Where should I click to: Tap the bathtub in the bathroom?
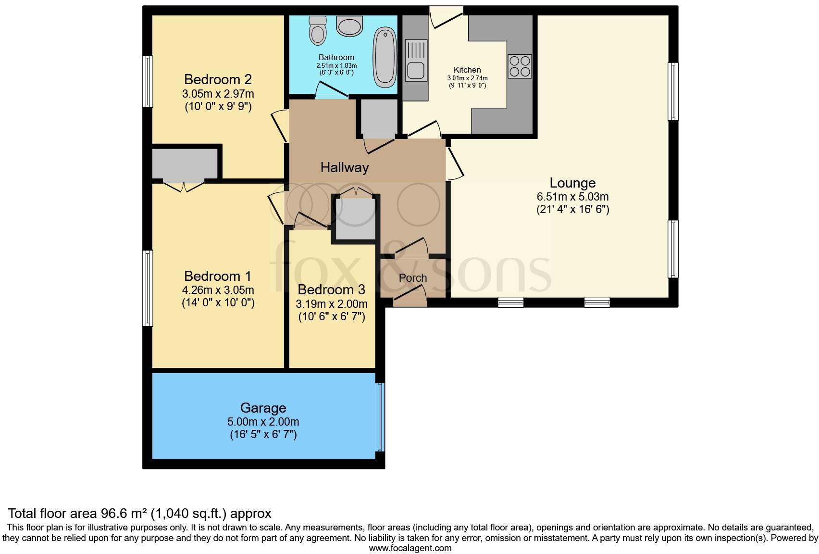click(x=385, y=57)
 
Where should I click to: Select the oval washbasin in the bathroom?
click(x=349, y=26)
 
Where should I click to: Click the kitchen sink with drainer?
click(x=416, y=61)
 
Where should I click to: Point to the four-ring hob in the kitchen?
click(x=520, y=66)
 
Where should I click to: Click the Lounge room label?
click(x=572, y=183)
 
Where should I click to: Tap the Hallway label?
click(x=345, y=167)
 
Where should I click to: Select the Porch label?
click(x=413, y=278)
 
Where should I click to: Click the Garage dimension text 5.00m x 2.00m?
click(x=263, y=422)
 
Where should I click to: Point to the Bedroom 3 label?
click(x=331, y=290)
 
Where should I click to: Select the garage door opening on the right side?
click(x=380, y=417)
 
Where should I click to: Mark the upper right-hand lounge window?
click(x=673, y=91)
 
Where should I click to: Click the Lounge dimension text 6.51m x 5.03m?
click(x=572, y=197)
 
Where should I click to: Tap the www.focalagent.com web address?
click(x=410, y=548)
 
